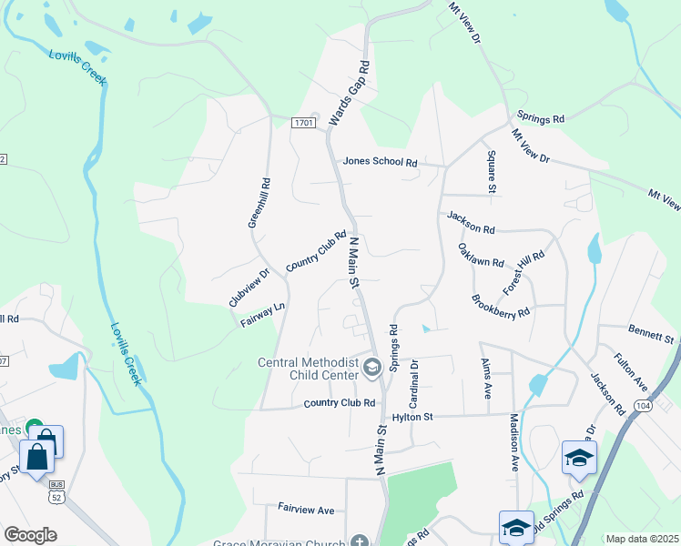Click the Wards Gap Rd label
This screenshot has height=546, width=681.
[350, 93]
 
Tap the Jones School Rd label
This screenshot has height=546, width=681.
[380, 162]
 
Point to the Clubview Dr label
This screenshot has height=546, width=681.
[249, 288]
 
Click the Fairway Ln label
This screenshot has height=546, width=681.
[263, 315]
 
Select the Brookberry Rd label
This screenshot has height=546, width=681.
[501, 305]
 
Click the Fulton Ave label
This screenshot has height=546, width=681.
[630, 369]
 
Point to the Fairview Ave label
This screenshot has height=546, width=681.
[307, 510]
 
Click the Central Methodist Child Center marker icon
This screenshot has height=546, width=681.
[371, 368]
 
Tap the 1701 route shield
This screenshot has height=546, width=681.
[303, 122]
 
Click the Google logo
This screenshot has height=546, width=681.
[30, 535]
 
